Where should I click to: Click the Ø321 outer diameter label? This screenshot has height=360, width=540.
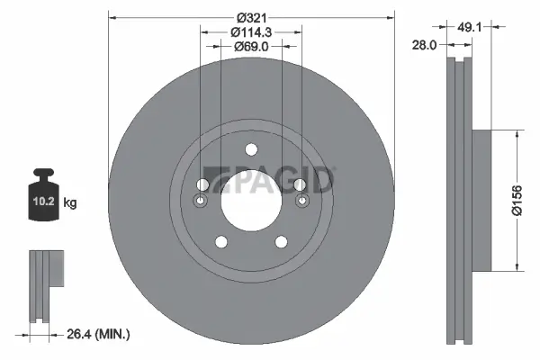point(251,17)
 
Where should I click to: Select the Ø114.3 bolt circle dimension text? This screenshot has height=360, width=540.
point(251,31)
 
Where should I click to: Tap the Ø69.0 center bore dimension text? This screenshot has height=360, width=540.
point(251,46)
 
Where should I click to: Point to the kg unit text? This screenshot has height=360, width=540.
point(70,204)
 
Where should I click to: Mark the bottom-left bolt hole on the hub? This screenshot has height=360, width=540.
point(220,241)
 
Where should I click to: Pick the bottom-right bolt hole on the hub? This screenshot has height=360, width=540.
point(282,241)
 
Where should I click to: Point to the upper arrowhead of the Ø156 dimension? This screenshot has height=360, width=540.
point(516,131)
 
